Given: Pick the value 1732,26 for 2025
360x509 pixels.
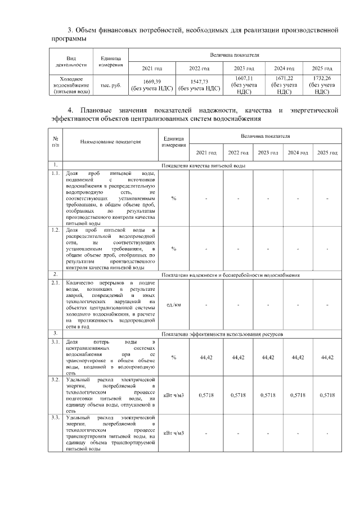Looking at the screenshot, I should click(322, 78).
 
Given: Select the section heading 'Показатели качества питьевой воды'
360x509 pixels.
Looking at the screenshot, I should click(203, 166).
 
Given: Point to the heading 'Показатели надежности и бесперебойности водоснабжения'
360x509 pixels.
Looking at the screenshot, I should click(230, 275).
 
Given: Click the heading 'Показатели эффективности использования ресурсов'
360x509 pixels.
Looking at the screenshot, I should click(222, 334).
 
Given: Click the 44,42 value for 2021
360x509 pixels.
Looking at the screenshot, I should click(206, 358).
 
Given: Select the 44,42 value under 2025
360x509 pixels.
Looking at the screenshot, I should click(327, 358).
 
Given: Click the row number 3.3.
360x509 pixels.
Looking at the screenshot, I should click(55, 418).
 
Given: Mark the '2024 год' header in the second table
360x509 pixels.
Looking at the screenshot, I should click(298, 153).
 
